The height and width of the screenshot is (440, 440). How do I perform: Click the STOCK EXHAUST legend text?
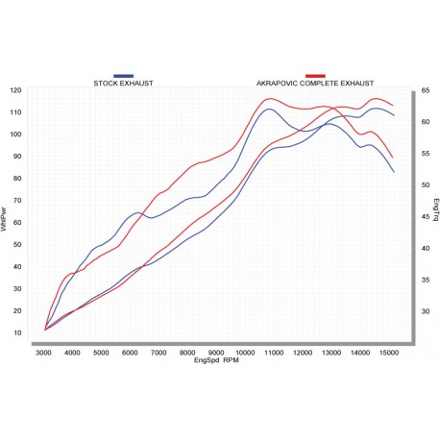[123, 83]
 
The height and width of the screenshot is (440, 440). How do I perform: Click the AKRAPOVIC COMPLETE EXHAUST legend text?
[315, 83]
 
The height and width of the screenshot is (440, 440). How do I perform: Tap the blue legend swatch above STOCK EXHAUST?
[123, 75]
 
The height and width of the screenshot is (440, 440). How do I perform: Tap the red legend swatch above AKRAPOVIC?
[315, 75]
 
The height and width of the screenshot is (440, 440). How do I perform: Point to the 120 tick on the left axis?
[16, 90]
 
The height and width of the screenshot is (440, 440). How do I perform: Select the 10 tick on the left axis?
[18, 332]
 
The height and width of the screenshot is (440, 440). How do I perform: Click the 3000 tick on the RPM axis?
[44, 354]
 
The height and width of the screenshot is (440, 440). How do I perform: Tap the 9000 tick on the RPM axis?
[217, 354]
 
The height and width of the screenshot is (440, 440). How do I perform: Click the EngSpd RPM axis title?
[217, 361]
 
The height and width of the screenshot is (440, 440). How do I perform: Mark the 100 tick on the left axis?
[16, 134]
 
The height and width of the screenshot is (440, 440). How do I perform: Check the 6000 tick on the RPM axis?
[131, 354]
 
